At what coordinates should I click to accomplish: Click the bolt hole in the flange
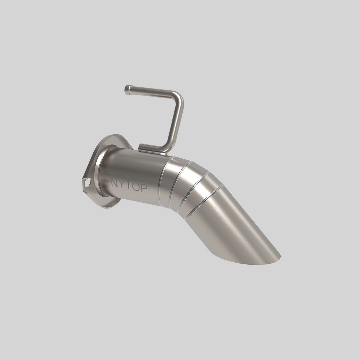tap(88, 182)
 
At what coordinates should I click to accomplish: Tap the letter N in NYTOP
tap(115, 183)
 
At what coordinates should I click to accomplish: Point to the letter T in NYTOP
tap(128, 185)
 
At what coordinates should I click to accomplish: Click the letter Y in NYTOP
tap(121, 184)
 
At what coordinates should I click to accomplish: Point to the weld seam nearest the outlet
tap(203, 202)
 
